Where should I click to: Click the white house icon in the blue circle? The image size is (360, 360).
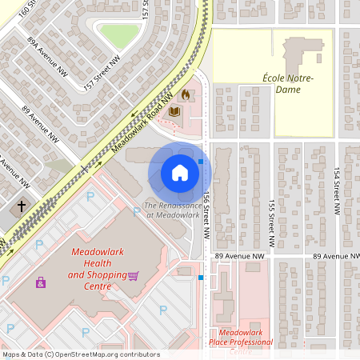click(x=179, y=173)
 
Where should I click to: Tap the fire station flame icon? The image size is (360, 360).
click(x=186, y=94)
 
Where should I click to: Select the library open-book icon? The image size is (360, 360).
click(x=174, y=112)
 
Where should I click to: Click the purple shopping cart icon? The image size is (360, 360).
click(x=133, y=276)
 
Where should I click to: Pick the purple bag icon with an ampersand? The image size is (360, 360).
click(x=40, y=282)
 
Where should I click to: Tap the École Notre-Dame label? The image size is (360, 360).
click(x=288, y=83)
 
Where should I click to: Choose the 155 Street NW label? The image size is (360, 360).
click(x=272, y=222)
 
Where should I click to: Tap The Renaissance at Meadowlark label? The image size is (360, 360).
click(x=171, y=210)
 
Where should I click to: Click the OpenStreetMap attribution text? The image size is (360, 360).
click(x=80, y=354)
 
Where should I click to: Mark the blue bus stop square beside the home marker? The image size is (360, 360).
click(x=201, y=162)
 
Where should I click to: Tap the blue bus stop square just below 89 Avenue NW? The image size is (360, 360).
click(x=201, y=278)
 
